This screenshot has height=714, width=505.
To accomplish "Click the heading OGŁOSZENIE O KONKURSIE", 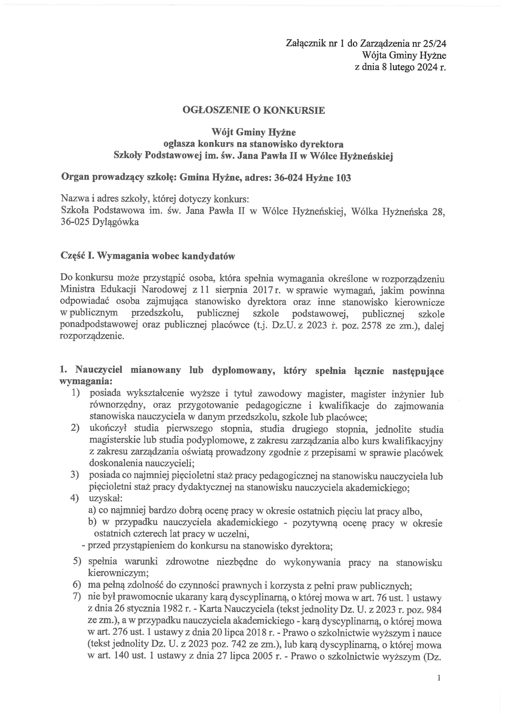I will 254,110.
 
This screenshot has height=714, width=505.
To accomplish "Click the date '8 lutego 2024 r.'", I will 414,67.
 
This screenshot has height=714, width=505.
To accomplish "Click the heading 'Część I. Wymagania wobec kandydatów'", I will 148,256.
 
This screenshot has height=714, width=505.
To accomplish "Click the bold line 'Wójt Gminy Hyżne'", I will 254,133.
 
